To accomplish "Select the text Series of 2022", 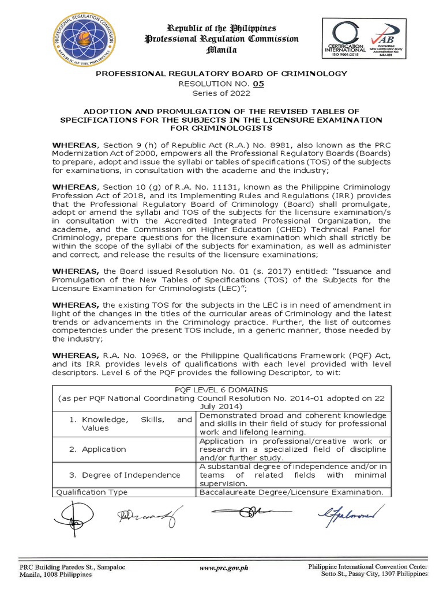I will (x=221, y=92).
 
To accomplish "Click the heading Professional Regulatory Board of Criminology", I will (x=221, y=73).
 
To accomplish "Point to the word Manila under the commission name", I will (x=221, y=50).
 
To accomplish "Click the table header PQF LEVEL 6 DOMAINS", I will (x=221, y=390).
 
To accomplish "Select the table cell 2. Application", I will (x=103, y=449).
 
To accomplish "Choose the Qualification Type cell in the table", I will (x=91, y=492).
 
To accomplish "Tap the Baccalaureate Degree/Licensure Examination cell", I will (x=291, y=492).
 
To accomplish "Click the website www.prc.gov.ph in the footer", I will (x=224, y=568).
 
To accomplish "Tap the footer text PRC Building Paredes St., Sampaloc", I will (x=72, y=567).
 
